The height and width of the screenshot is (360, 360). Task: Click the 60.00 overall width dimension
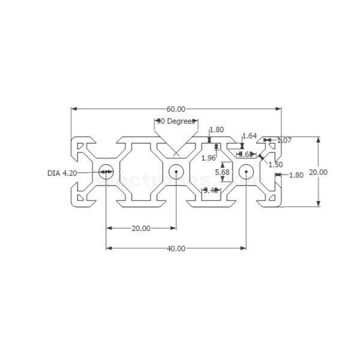tap(176, 109)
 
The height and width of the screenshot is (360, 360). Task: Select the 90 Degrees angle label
tap(176, 121)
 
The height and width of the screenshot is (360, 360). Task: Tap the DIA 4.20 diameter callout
tap(62, 173)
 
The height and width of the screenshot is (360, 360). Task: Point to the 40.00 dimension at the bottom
tap(176, 248)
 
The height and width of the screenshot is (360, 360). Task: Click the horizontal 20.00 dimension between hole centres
tap(141, 229)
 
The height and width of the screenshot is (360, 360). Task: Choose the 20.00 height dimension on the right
tap(318, 172)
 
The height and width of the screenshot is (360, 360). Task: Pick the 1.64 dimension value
tap(249, 136)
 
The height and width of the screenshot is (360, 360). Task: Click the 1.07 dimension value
tap(284, 140)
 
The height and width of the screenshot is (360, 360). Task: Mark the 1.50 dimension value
tap(275, 164)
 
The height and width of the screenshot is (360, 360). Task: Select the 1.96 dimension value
tap(208, 158)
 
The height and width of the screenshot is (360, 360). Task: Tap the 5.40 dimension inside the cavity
tap(211, 190)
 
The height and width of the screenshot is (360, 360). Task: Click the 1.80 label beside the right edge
tap(296, 175)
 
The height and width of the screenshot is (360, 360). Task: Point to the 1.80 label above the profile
tap(216, 130)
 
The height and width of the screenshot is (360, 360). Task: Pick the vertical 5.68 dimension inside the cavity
tap(222, 172)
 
